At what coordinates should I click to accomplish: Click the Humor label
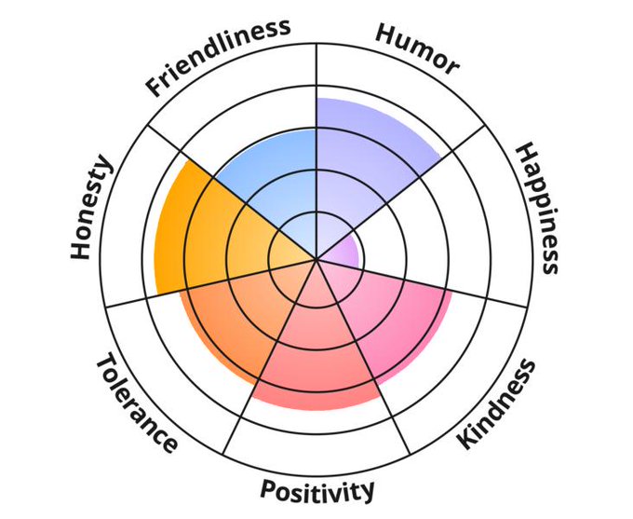coord(417,48)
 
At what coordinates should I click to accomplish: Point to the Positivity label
coord(317,489)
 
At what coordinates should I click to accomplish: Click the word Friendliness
coord(219,56)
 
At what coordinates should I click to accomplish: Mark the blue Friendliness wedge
coord(270,177)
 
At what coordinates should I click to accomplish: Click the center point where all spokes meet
coord(316,259)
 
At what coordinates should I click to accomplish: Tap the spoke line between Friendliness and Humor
coord(316,75)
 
